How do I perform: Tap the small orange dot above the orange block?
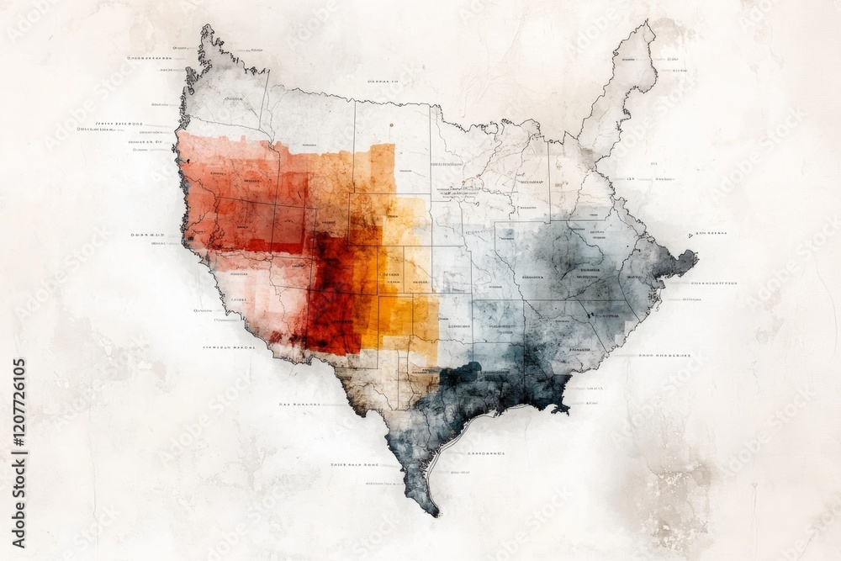click(x=391, y=125)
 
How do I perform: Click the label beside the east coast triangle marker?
click(x=713, y=233)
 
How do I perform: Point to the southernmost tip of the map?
click(x=435, y=512)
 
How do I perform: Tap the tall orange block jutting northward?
click(x=382, y=168)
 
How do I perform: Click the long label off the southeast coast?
click(x=664, y=356)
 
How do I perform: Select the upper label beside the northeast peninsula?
click(x=670, y=60)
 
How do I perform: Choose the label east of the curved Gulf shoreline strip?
click(x=485, y=453)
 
